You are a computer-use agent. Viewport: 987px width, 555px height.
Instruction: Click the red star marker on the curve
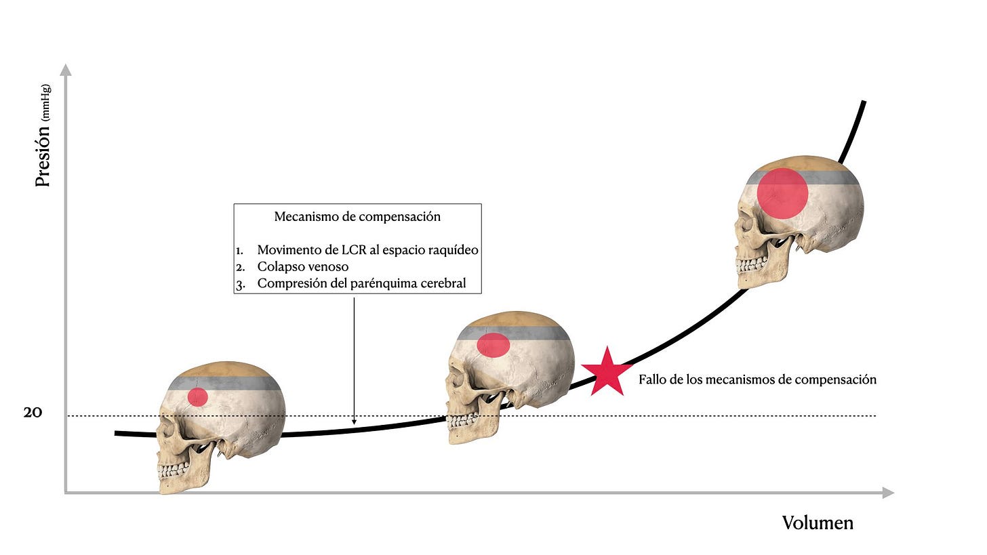pos(607,372)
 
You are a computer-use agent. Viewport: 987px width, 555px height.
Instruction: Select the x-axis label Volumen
pos(818,522)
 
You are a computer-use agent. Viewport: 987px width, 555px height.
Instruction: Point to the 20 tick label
pos(33,412)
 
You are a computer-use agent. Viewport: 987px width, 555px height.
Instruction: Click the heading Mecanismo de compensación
pos(357,217)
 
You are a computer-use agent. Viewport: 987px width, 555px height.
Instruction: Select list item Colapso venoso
pos(303,267)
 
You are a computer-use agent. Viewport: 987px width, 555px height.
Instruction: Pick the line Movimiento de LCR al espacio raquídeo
pos(367,250)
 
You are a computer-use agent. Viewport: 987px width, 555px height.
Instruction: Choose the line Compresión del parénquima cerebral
pos(361,283)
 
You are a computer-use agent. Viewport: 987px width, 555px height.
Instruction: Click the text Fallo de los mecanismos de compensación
pos(757,379)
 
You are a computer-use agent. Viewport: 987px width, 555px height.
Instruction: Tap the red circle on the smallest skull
pos(197,396)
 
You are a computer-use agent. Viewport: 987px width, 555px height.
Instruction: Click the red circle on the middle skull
pos(493,344)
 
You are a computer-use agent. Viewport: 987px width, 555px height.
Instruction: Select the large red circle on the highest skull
pos(782,193)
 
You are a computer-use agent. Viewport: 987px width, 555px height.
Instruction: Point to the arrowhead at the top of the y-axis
pos(66,68)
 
